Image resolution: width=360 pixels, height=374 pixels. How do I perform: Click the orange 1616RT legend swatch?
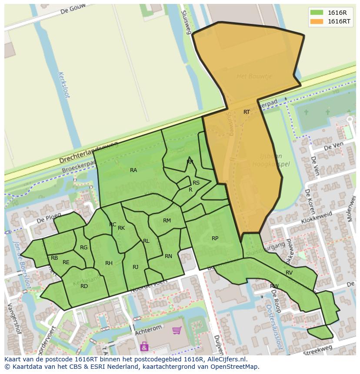coord(317,21)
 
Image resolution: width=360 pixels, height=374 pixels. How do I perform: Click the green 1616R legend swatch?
coord(317,13)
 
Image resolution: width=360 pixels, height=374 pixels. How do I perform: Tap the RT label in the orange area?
coord(247,112)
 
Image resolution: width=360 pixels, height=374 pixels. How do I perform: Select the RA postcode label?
coord(133,170)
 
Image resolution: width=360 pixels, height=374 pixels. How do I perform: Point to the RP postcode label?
coord(215,238)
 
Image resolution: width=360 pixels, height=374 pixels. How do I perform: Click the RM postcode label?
coord(167,221)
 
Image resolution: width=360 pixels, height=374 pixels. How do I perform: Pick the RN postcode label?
coord(168,256)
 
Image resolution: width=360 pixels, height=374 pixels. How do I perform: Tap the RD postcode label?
coord(84,286)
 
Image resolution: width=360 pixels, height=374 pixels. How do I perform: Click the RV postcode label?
coord(289,273)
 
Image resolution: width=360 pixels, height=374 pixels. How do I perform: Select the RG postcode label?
coord(84,248)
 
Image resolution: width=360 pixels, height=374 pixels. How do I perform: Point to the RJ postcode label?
coord(136,267)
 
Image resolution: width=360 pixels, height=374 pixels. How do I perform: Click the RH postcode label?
coord(109,263)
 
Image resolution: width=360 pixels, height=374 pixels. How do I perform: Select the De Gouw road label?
coord(72,10)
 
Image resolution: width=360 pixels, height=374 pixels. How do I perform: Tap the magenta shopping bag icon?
coord(144,346)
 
